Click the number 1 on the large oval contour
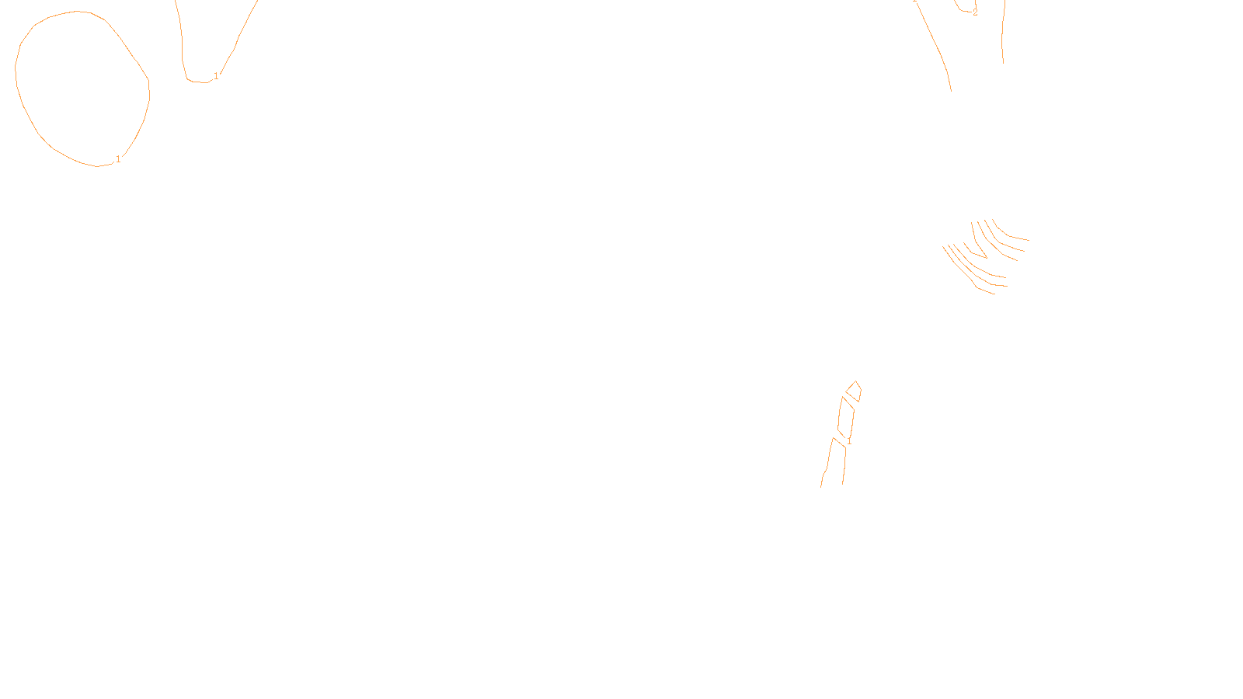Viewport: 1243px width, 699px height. [x=118, y=159]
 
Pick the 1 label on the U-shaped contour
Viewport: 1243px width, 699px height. [x=216, y=75]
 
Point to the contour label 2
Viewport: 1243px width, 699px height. [x=975, y=12]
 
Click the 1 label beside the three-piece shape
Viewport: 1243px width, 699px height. [x=849, y=441]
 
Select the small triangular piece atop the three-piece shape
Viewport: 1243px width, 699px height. [x=853, y=391]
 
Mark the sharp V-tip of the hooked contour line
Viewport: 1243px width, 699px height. [x=986, y=257]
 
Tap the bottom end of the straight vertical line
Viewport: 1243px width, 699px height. [x=1003, y=62]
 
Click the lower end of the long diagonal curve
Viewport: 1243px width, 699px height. [x=951, y=90]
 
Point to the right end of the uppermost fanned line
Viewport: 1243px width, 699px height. [x=1029, y=240]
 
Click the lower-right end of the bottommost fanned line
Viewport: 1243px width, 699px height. [x=996, y=294]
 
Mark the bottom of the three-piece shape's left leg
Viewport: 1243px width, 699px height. [x=821, y=487]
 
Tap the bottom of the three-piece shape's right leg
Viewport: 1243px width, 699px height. [x=842, y=483]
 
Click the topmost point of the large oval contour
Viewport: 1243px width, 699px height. [x=78, y=12]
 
